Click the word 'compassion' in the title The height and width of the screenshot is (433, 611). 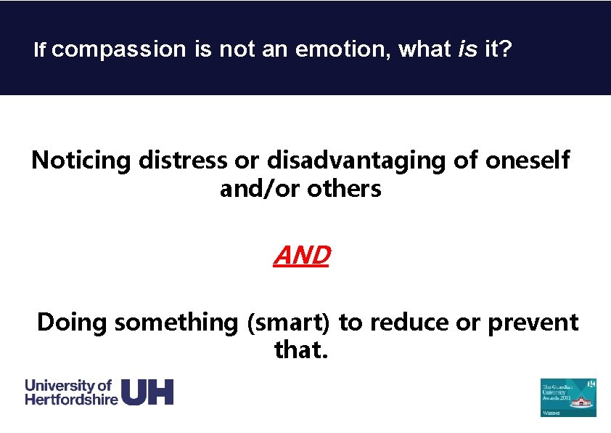(119, 50)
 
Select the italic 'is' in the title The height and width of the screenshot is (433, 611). (468, 50)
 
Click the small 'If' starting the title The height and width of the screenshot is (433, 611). (41, 50)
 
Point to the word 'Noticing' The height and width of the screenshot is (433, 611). (81, 160)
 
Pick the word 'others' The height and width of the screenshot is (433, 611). (344, 189)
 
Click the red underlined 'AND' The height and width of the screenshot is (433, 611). (302, 256)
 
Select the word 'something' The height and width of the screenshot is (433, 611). (177, 323)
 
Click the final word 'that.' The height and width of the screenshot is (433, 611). (301, 351)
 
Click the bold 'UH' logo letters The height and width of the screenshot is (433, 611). (147, 392)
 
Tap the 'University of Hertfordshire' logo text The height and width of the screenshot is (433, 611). (71, 392)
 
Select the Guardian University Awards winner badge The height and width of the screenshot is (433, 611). (568, 397)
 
